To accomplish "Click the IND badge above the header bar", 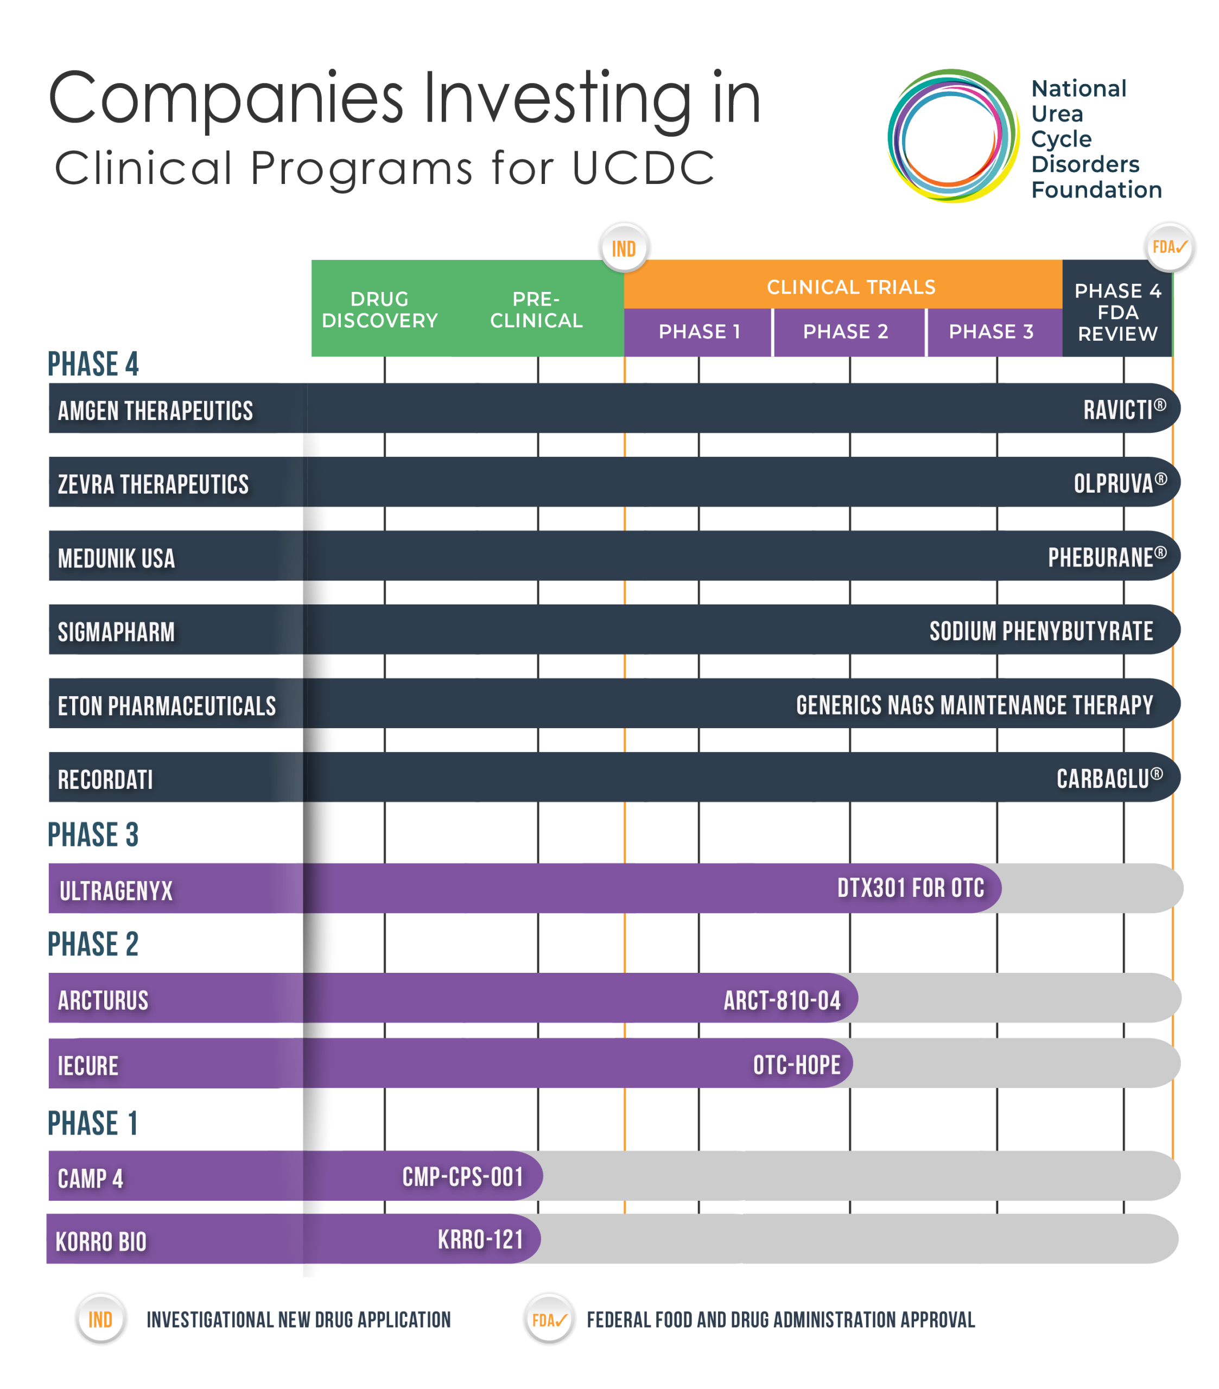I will (624, 248).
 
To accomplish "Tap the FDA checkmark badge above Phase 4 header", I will (1169, 247).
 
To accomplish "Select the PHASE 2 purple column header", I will (846, 332).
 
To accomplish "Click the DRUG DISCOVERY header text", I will (379, 310).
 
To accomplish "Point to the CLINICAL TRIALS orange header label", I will (850, 287).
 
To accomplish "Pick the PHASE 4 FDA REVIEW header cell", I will (1117, 312).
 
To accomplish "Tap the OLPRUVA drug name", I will (1119, 483).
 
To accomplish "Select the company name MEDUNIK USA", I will (116, 559).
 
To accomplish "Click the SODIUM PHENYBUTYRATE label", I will (1040, 632).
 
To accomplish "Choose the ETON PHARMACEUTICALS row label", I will (167, 706).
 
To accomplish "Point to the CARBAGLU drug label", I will (1109, 779).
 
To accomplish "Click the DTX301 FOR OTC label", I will (910, 888).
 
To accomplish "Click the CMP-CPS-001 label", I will (462, 1177).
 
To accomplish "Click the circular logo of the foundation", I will (952, 136).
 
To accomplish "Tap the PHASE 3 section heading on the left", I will (93, 834).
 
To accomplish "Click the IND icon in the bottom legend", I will (100, 1320).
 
